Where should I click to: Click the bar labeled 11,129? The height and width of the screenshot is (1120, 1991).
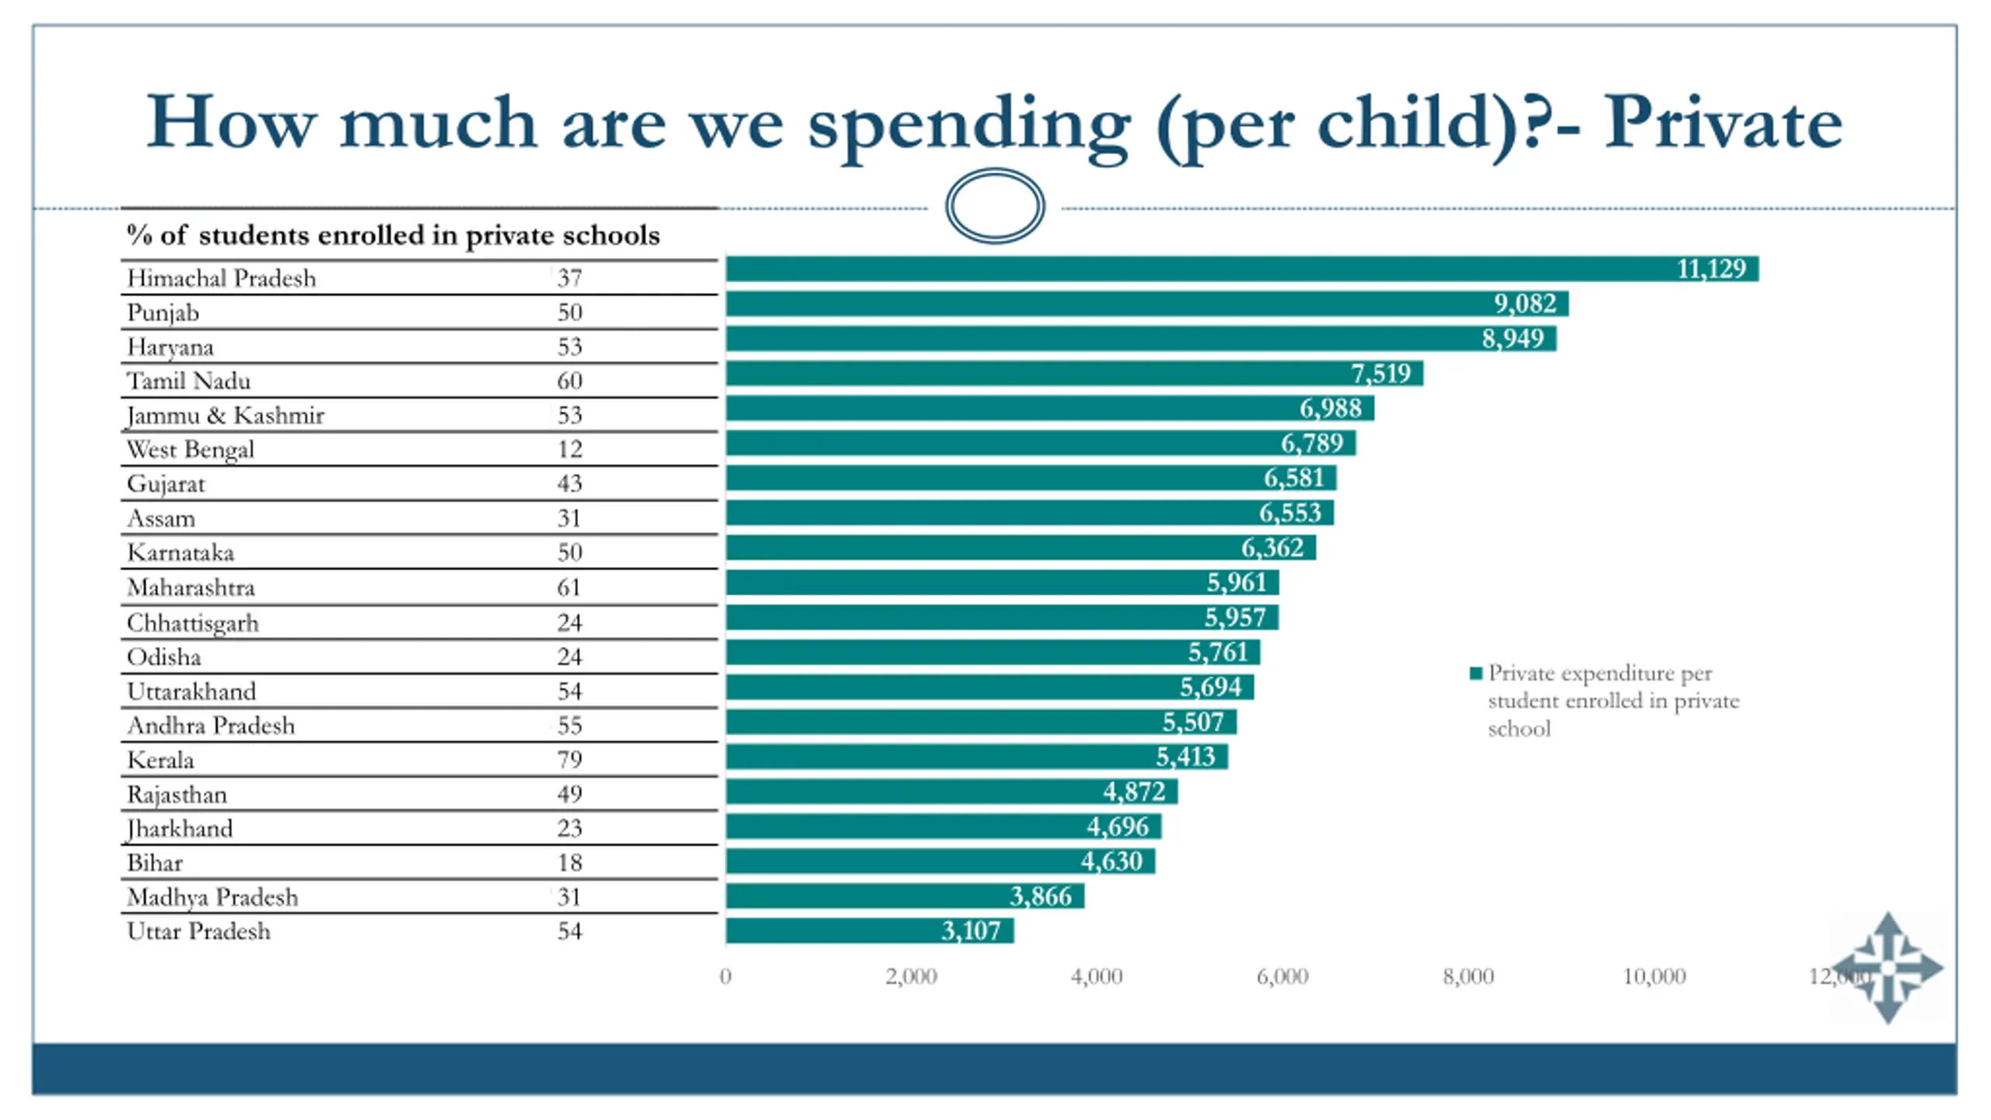coord(1242,269)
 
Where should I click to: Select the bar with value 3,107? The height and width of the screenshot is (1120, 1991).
coord(870,931)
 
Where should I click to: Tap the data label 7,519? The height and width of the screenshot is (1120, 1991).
coord(1380,374)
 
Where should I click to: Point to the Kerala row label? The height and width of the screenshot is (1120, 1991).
coord(160,760)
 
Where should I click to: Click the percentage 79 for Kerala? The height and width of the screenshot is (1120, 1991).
coord(569,760)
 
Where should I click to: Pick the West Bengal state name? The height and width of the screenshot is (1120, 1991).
coord(191,450)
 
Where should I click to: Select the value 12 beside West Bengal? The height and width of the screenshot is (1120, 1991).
coord(569,450)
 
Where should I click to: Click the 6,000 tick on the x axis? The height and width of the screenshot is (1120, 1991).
coord(1282,977)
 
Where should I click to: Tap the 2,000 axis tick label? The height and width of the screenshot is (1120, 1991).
coord(911,977)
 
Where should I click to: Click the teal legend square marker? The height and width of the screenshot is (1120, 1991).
coord(1475,674)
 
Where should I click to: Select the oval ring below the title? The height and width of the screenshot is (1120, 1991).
coord(995,206)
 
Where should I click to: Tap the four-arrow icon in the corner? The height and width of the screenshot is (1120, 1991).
coord(1888,968)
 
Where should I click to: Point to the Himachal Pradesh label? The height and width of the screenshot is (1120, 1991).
coord(222,278)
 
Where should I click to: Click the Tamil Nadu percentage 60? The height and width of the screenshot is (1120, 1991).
coord(569,381)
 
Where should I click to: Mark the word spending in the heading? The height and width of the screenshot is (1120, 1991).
coord(968,124)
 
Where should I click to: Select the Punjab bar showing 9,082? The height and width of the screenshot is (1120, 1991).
coord(1147,304)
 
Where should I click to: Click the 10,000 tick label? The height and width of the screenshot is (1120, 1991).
coord(1654,977)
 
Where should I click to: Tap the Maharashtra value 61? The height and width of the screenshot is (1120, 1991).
coord(569,587)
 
